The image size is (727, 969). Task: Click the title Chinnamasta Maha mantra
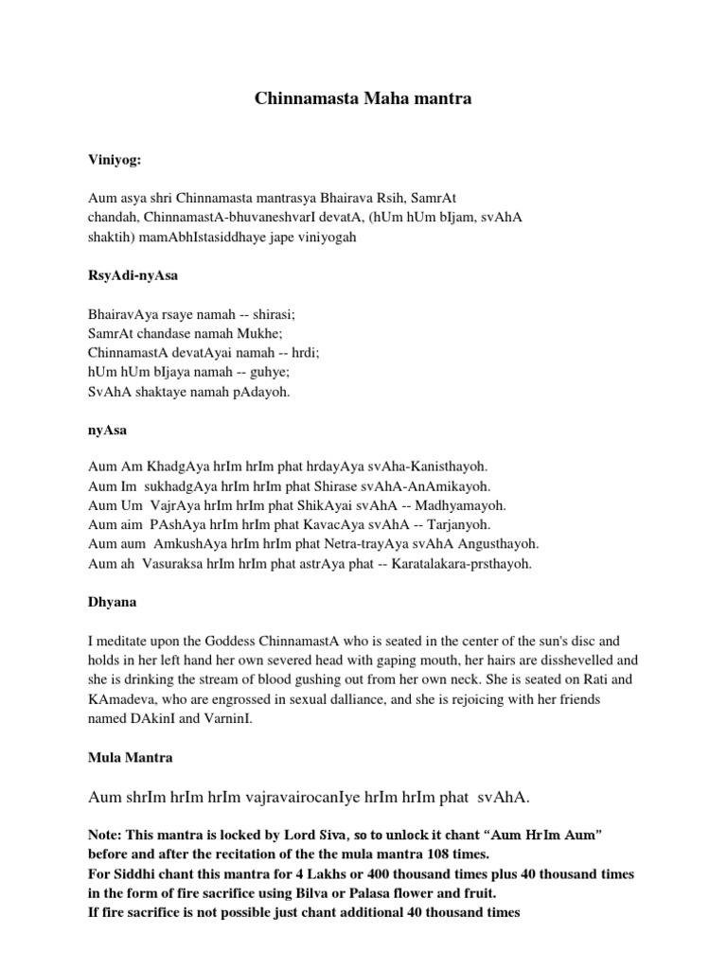coord(363,98)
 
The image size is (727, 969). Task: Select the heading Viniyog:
coord(114,160)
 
